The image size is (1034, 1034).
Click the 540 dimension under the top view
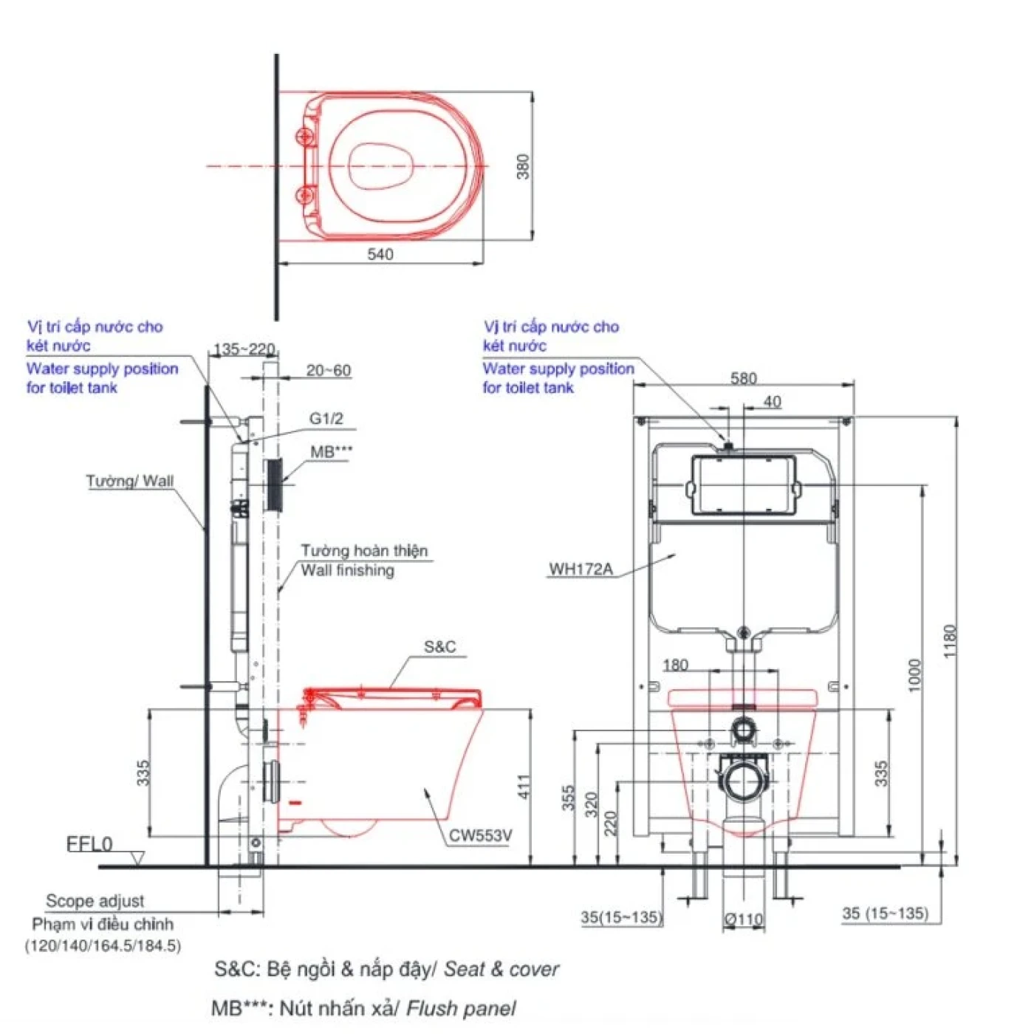tap(380, 254)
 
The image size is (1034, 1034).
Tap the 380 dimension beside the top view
tap(523, 166)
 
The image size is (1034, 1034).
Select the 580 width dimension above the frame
tap(743, 378)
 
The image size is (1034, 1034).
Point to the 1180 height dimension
tap(950, 641)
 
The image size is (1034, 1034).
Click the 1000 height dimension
tap(915, 675)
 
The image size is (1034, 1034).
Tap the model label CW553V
tap(480, 835)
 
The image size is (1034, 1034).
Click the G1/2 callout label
tap(326, 419)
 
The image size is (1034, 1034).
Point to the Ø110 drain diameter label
tap(744, 920)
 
